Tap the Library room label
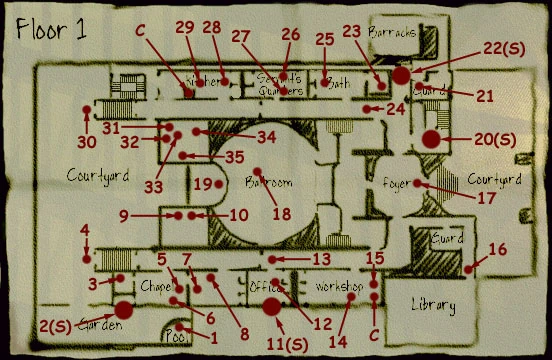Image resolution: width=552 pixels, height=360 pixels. point(433,304)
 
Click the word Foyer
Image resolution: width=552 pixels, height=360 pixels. point(398,183)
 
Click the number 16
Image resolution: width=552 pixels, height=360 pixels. point(497,248)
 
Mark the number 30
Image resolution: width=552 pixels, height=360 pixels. point(87,141)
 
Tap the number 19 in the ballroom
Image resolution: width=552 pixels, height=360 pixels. point(203,184)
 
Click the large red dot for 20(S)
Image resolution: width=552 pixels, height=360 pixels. point(431,138)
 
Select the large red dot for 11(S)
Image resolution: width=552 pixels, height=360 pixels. point(270,304)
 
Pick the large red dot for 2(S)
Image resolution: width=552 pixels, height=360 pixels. point(125,309)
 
